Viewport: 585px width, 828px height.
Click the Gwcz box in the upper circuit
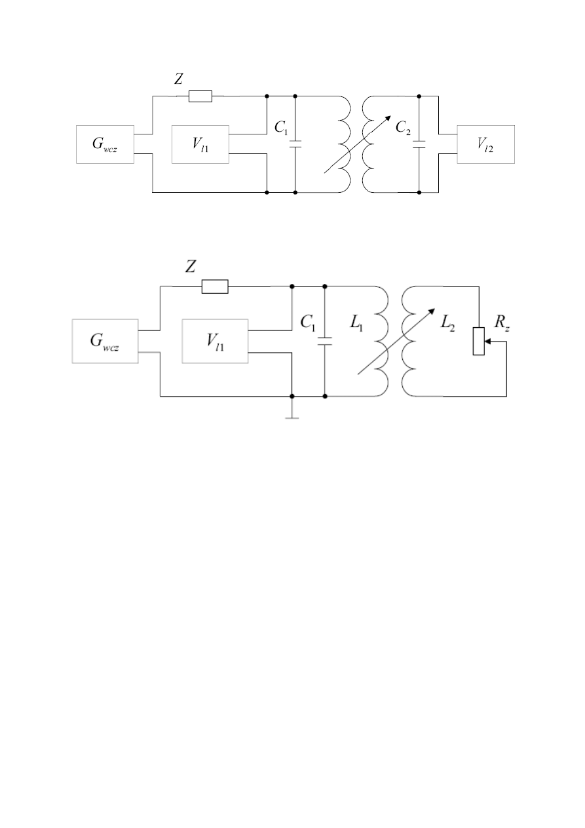pyautogui.click(x=105, y=144)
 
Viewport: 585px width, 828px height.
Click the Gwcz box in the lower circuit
pyautogui.click(x=105, y=341)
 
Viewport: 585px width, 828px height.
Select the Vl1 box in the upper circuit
pyautogui.click(x=200, y=144)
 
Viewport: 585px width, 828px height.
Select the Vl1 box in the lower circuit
pyautogui.click(x=215, y=341)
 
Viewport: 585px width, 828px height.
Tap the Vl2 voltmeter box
pyautogui.click(x=486, y=144)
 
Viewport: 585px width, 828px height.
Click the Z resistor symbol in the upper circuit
pyautogui.click(x=200, y=96)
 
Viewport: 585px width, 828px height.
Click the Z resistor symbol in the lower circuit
pyautogui.click(x=215, y=286)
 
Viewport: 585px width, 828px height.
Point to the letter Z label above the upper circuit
pyautogui.click(x=178, y=79)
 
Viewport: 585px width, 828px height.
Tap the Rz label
pyautogui.click(x=493, y=323)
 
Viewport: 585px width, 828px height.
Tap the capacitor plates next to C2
pyautogui.click(x=419, y=144)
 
